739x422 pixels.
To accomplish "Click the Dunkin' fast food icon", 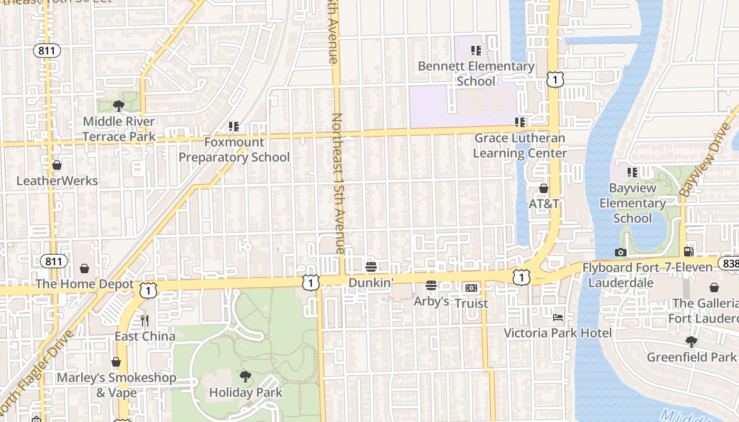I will [371, 267].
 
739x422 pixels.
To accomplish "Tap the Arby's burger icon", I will [431, 286].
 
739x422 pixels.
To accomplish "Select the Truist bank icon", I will [471, 288].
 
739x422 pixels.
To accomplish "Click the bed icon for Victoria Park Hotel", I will [558, 318].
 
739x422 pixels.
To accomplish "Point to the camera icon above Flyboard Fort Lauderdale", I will [621, 252].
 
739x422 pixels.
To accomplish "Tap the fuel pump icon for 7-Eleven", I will [688, 252].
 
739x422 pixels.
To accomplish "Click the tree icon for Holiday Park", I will [245, 377].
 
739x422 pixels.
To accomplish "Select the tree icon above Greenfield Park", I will [691, 341].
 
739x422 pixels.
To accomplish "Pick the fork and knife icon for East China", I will [145, 320].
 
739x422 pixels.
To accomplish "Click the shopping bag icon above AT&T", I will [544, 188].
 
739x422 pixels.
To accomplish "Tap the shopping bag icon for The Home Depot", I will [84, 269].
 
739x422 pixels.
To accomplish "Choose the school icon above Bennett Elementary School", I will [476, 51].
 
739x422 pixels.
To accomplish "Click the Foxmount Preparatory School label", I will [234, 150].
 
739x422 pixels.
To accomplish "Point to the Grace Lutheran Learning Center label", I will [520, 146].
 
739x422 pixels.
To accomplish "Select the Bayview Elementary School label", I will [632, 203].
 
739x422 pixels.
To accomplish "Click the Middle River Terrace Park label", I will [119, 129].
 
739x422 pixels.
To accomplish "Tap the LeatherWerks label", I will [57, 181].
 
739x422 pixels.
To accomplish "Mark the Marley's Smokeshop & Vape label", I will [116, 385].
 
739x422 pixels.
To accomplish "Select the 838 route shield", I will [729, 263].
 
